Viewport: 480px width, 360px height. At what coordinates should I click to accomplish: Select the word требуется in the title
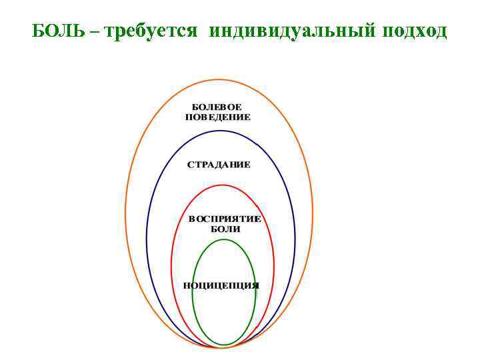150,31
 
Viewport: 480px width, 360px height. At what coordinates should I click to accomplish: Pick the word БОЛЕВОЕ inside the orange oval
217,107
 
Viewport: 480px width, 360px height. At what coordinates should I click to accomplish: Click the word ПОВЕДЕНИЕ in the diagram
217,117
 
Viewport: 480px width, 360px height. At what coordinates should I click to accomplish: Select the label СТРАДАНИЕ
219,165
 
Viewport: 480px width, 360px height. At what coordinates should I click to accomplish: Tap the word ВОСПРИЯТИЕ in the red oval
224,219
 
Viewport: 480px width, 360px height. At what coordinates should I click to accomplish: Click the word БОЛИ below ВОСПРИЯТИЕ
225,229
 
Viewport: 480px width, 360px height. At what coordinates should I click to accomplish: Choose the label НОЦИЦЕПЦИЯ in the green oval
221,285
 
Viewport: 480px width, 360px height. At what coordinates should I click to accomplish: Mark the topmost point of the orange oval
219,79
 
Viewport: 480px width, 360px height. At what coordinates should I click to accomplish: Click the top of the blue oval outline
221,131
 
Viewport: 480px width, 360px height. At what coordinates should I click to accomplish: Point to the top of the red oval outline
223,185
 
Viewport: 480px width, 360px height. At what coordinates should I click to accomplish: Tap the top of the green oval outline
224,239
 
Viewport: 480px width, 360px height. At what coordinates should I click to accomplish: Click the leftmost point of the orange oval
125,213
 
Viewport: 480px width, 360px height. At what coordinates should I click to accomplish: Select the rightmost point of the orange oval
313,213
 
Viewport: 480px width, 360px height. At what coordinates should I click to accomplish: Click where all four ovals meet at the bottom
223,347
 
